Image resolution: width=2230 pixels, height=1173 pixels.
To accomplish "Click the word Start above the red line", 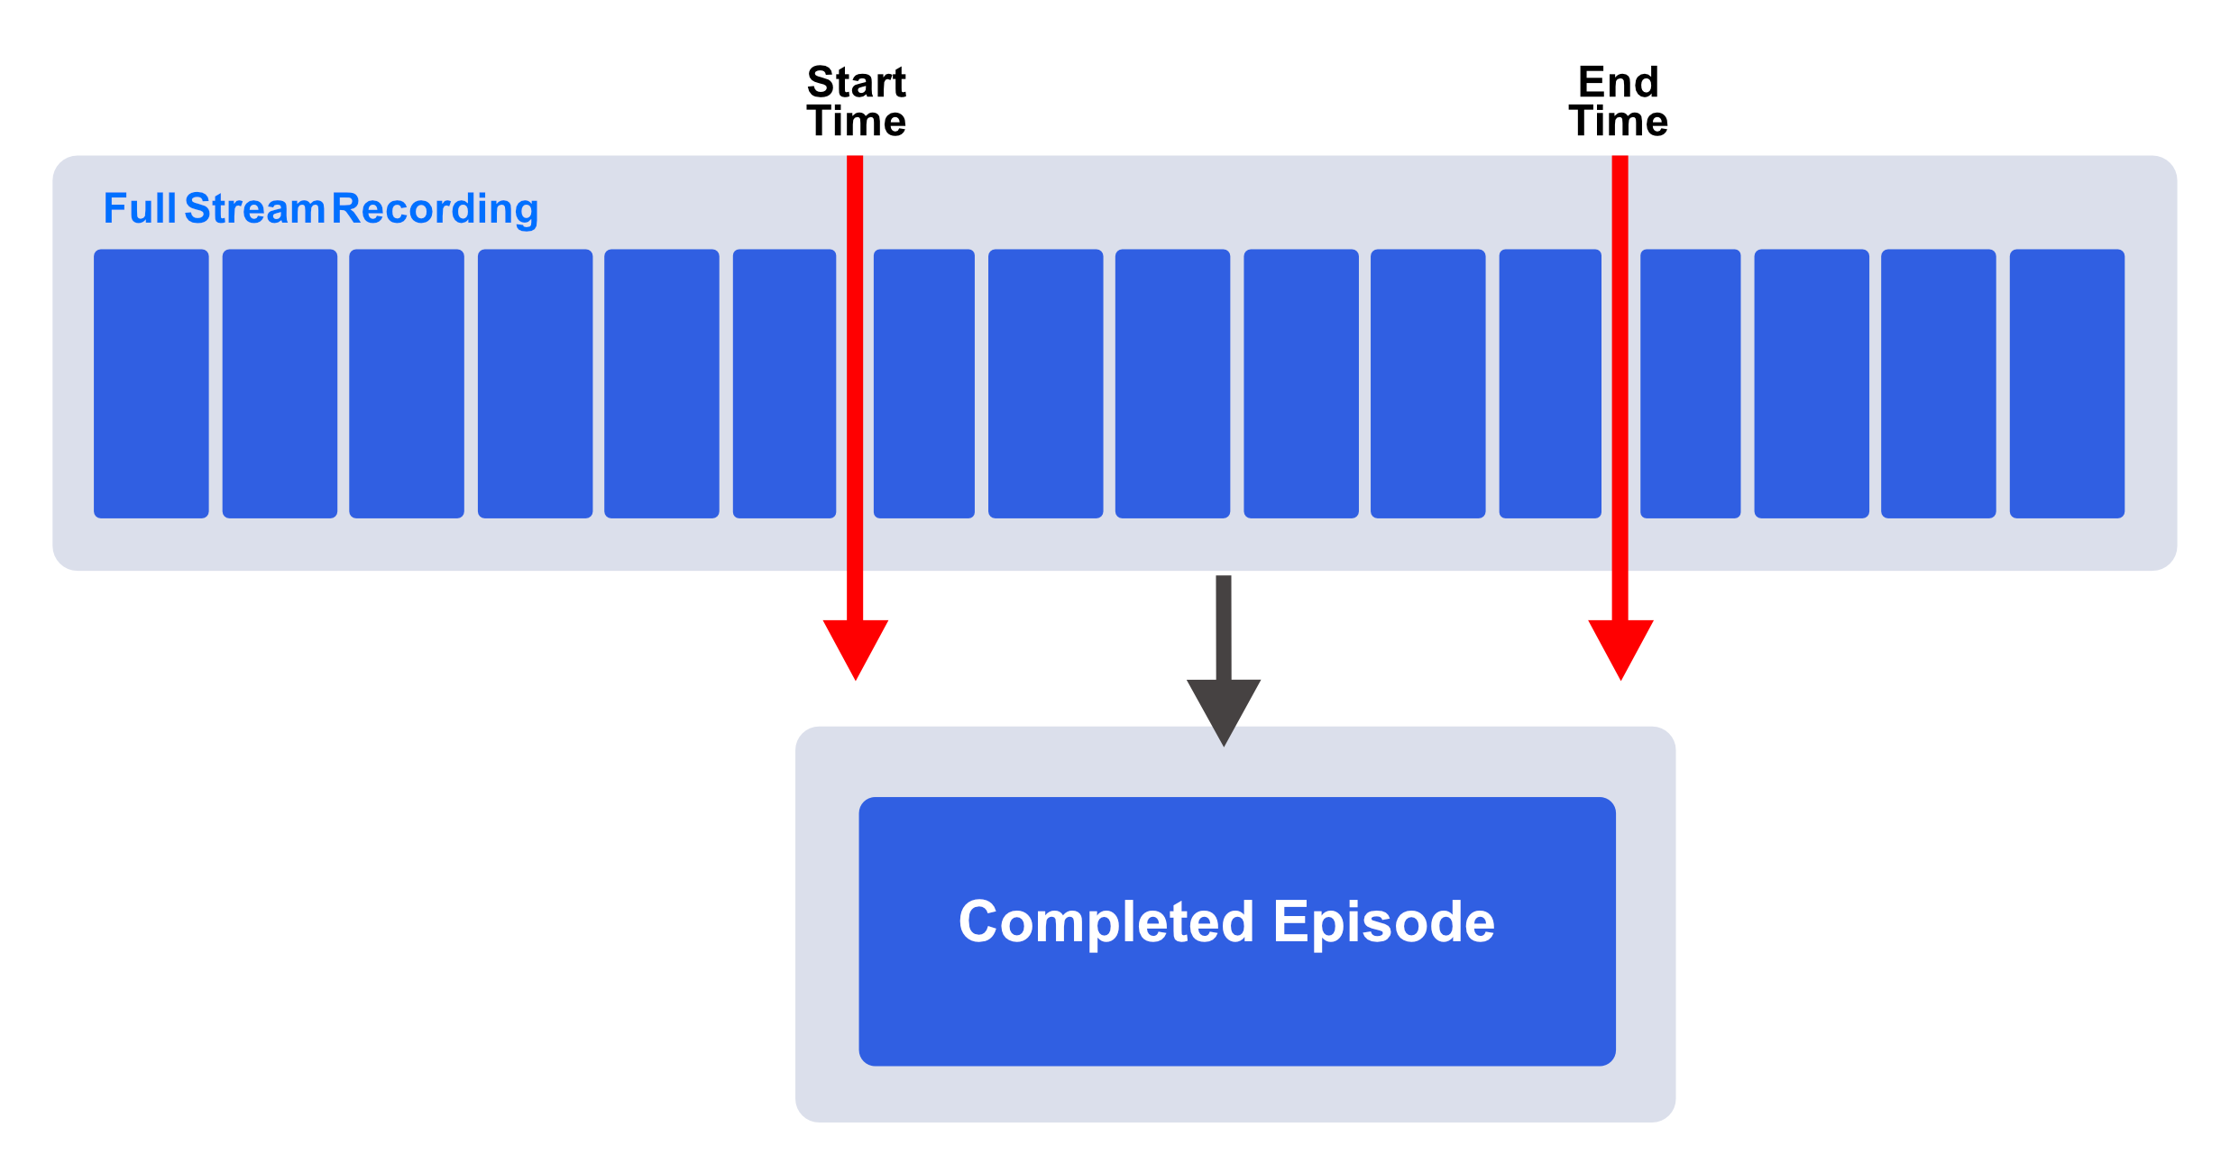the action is [x=857, y=82].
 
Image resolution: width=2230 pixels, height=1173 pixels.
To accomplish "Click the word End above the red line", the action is [x=1619, y=82].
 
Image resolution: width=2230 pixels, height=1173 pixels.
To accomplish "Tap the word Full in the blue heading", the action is [x=140, y=208].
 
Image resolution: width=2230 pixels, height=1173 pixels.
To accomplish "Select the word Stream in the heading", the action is [x=254, y=208].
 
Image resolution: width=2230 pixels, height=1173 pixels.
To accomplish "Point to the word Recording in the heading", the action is [x=436, y=210].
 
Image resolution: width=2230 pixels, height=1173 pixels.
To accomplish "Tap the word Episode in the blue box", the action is [x=1384, y=922].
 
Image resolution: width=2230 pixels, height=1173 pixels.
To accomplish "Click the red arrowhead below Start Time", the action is [x=856, y=649].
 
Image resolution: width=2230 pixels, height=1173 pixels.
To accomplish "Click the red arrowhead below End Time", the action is [x=1620, y=649].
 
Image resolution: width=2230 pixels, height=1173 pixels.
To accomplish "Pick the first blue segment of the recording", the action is [x=151, y=384].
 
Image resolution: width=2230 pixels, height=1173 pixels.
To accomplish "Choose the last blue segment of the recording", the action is [x=2067, y=384].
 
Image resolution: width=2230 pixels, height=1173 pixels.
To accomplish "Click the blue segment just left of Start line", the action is [x=785, y=384].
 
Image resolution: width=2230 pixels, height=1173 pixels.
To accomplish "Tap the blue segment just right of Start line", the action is [x=924, y=384].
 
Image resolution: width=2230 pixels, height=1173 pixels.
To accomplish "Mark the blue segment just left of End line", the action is [x=1550, y=384].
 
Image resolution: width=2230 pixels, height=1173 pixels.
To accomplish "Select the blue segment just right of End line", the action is [x=1691, y=384].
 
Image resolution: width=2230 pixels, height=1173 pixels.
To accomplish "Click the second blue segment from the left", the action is [x=280, y=384].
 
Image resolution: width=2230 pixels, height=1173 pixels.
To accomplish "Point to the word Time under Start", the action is [x=857, y=121].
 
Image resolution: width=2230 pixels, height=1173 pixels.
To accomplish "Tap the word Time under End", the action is [x=1619, y=121].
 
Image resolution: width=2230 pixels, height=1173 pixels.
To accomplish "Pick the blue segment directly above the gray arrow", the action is [x=1172, y=384].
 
